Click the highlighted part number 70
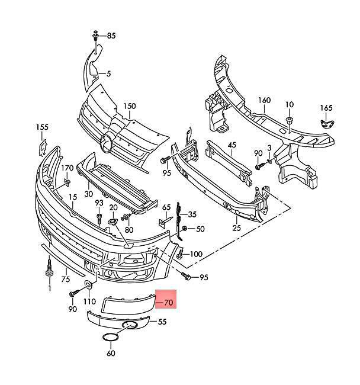point(168,302)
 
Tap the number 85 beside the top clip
point(111,36)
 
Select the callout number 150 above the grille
point(130,106)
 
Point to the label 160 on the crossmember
point(264,100)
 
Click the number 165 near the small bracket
point(326,108)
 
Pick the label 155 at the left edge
point(42,127)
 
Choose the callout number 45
point(232,145)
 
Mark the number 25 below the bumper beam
point(237,228)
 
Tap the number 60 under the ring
point(111,354)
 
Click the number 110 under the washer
point(89,301)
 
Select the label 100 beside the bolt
point(196,254)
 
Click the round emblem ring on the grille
point(106,143)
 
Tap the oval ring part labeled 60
point(111,338)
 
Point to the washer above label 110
point(88,285)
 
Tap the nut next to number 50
point(185,229)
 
